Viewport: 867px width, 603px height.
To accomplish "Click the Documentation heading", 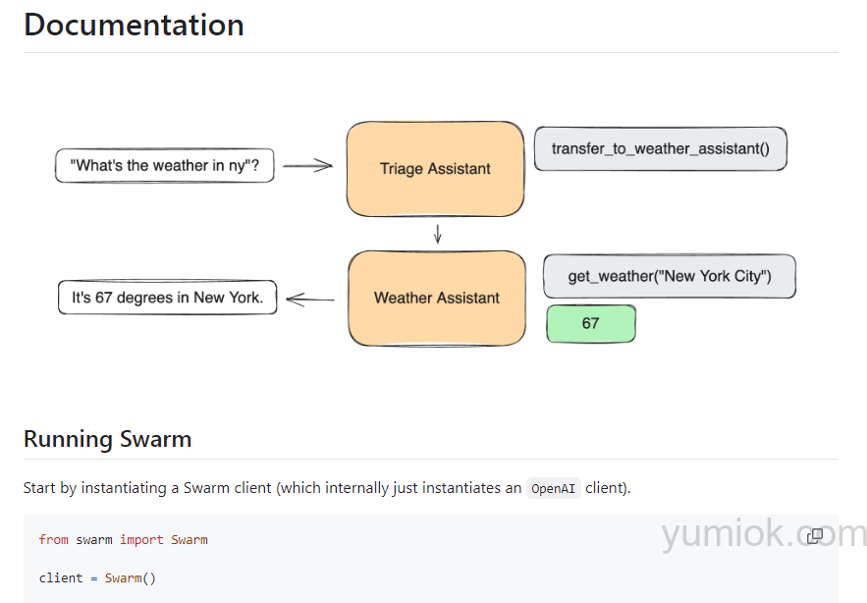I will pos(134,25).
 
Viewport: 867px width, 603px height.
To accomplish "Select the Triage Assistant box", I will pos(435,169).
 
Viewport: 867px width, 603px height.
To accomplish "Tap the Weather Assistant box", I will pos(437,298).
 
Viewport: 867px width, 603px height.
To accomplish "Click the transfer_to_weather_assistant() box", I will pos(660,148).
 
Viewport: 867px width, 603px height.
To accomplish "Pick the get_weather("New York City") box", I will pos(669,276).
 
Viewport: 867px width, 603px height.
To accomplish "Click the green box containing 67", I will pos(590,323).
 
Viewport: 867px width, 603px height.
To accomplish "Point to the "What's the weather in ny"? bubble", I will pos(164,166).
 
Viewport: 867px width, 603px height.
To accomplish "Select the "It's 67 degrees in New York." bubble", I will pos(167,298).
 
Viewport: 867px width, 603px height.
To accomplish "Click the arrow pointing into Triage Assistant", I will pos(308,166).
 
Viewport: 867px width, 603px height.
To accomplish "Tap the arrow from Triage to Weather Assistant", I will pos(438,234).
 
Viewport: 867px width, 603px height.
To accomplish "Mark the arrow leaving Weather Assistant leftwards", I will pos(310,299).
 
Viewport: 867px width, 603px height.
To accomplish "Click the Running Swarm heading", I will pos(107,439).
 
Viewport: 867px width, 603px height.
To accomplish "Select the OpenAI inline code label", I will pos(554,488).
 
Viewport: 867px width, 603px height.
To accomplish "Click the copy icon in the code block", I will pos(815,536).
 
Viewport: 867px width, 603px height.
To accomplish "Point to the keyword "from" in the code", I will pos(54,539).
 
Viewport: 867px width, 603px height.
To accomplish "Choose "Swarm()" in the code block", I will pos(130,577).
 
